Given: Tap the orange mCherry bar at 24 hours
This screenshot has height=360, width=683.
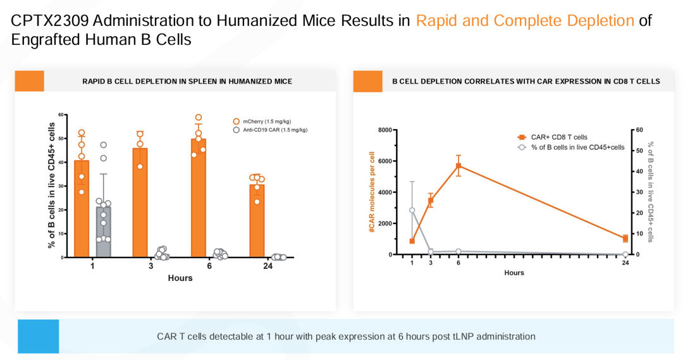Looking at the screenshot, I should (257, 221).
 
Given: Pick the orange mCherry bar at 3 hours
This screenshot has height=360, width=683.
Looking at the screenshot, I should (140, 202).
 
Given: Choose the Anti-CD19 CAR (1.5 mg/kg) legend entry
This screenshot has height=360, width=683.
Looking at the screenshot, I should (269, 130).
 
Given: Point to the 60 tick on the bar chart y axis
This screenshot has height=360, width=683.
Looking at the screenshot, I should (62, 115).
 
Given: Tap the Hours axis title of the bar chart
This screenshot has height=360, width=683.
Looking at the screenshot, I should (180, 278).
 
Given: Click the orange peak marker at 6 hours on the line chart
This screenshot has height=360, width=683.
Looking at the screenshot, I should (458, 166).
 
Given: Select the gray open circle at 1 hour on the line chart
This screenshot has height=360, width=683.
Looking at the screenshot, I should (412, 210).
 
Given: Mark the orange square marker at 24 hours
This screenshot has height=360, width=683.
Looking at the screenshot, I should (625, 239).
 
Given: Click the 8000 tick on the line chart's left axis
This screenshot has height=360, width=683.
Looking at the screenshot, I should (385, 130).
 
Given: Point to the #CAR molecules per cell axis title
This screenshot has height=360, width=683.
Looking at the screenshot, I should (372, 191).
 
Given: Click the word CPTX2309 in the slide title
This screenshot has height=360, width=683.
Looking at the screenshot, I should (48, 20).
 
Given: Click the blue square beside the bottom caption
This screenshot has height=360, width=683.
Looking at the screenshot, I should (38, 336).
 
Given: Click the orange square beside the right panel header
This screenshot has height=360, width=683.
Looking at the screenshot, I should (368, 81).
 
